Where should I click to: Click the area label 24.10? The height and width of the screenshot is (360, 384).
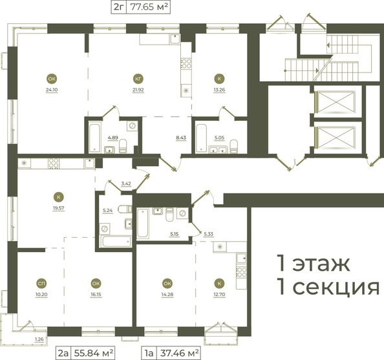coord(52,90)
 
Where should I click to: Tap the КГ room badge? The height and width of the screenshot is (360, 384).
coord(138,79)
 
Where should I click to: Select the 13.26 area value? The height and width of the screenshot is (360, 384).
coord(219,90)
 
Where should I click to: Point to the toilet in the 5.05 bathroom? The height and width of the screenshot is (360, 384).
coord(234,146)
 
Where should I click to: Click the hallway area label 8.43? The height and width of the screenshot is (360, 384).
coord(181,138)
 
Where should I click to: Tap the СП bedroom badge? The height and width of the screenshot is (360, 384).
coord(41,283)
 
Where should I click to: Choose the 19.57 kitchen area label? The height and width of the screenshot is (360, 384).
coord(59,208)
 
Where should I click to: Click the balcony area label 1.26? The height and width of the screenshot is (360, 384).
coord(39,339)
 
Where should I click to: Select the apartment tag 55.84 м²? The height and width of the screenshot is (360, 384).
coord(94,353)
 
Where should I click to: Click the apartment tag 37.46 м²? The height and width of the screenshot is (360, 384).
coord(179,353)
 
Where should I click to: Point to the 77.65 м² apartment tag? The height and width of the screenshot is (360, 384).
coord(149,7)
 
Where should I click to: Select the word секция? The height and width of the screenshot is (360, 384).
coord(336,287)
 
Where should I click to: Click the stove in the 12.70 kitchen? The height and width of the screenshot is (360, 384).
coord(242,272)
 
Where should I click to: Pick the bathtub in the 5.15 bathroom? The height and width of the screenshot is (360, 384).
coord(143,223)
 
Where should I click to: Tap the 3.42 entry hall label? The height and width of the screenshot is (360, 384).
coord(126,184)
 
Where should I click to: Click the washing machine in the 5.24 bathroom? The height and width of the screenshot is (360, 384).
coord(105,229)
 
